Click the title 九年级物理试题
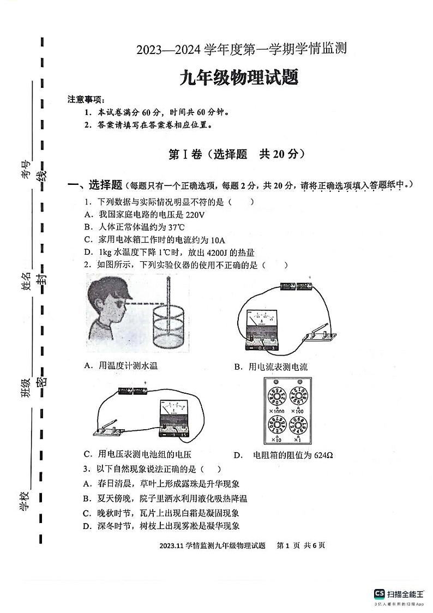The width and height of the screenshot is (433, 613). [x=239, y=79]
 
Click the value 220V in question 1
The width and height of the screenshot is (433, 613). [x=194, y=215]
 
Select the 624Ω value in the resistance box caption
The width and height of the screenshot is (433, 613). [x=323, y=455]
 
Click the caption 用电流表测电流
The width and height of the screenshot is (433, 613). [x=278, y=367]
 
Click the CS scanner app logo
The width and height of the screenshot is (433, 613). [x=379, y=594]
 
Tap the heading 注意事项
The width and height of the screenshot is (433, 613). [x=85, y=99]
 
